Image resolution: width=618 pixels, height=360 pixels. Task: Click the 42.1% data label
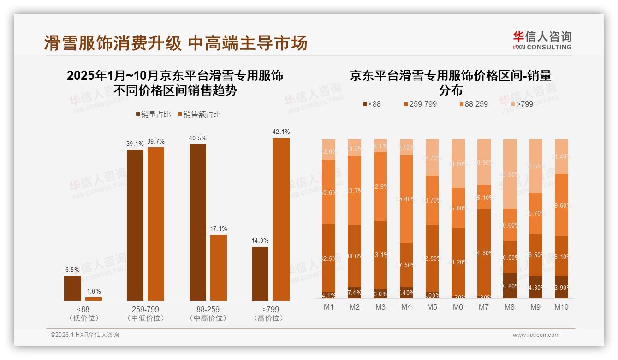coord(281,132)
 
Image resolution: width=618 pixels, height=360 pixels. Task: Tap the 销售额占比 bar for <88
coord(94,299)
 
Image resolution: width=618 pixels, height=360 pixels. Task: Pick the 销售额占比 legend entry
coord(199,114)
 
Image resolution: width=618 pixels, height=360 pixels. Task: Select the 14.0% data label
coord(260,241)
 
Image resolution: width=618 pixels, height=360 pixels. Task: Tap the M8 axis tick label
coord(510,307)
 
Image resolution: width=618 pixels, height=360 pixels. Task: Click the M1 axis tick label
coord(329,307)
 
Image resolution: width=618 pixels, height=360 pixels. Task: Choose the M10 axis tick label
coord(561,307)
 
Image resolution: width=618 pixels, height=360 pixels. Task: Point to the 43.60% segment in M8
coord(510,174)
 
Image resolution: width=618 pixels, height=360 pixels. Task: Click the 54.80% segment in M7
coord(484,253)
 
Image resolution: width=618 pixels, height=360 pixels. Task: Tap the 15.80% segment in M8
coord(510,286)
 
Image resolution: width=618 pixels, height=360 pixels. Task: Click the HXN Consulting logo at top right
coord(542,40)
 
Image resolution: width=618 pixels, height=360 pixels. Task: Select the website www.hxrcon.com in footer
coord(536,335)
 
